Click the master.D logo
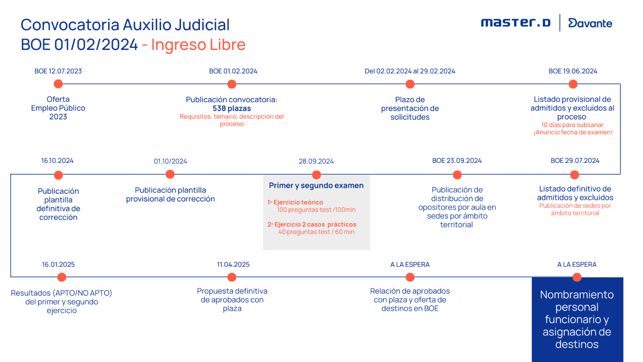click(516, 23)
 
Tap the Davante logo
click(590, 23)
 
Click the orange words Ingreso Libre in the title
click(198, 45)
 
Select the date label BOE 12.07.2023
click(58, 71)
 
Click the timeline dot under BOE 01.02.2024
click(232, 84)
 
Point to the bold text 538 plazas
click(232, 109)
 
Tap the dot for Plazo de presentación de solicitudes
click(410, 84)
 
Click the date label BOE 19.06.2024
click(573, 71)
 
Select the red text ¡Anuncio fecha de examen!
click(573, 132)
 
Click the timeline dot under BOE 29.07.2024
click(575, 175)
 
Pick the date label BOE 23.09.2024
click(457, 161)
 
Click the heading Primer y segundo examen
click(316, 185)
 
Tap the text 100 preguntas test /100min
click(316, 210)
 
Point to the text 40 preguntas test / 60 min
click(316, 232)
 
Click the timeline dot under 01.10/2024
click(170, 175)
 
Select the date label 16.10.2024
click(57, 161)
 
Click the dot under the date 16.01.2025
click(61, 277)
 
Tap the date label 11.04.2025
click(233, 265)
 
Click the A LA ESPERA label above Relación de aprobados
click(410, 265)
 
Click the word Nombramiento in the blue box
click(577, 295)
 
